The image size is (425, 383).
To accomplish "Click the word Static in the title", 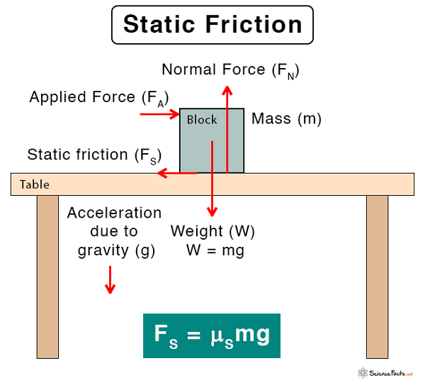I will (160, 25).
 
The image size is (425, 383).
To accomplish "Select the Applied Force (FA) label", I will (99, 98).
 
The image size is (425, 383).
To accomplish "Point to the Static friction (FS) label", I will (94, 155).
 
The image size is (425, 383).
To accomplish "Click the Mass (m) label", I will (286, 118).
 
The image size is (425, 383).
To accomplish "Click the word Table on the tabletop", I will (35, 184).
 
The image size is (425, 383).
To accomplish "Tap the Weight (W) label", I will (212, 232).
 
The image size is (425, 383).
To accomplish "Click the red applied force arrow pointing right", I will (159, 113).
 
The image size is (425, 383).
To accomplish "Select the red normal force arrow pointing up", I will (227, 128).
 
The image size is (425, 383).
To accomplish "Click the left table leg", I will (47, 277).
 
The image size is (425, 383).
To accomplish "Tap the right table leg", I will (377, 277).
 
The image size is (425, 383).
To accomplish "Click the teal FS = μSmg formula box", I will (212, 335).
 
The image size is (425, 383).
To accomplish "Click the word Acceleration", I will (114, 213).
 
